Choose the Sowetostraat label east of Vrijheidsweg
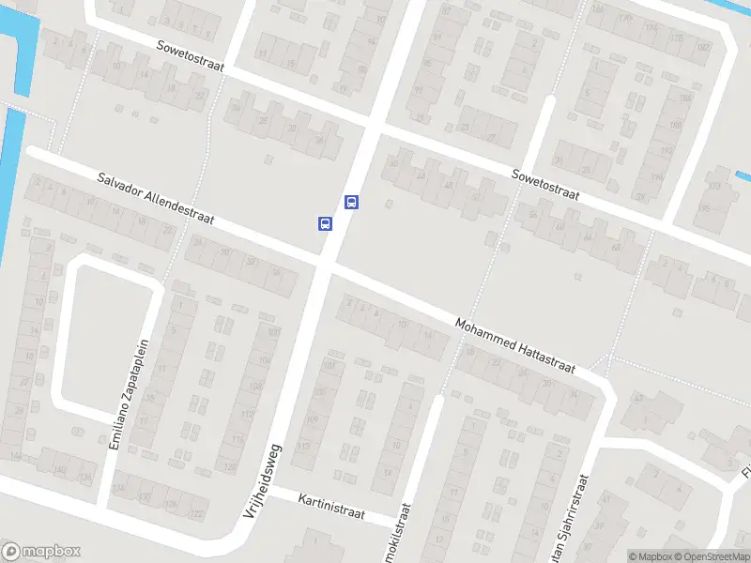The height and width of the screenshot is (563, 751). click(545, 185)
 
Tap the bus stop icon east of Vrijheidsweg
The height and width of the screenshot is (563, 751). click(351, 202)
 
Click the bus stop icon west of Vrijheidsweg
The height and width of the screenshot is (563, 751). click(325, 223)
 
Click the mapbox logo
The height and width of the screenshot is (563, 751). click(41, 552)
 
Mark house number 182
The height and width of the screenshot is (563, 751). click(704, 47)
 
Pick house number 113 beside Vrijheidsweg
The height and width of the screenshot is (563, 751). click(302, 446)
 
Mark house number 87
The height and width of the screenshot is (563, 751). click(447, 11)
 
